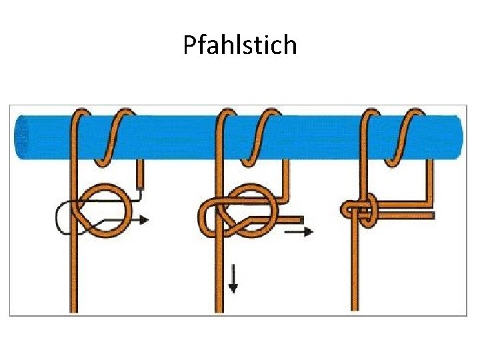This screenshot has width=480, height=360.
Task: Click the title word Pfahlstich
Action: pyautogui.click(x=240, y=45)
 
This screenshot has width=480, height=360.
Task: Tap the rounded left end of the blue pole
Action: pyautogui.click(x=19, y=137)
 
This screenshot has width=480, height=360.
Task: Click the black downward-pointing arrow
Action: pyautogui.click(x=233, y=279)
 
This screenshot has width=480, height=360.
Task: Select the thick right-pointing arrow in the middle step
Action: pyautogui.click(x=299, y=231)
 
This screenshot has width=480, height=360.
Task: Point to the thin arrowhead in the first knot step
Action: pyautogui.click(x=145, y=219)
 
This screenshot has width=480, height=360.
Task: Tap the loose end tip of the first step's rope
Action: pyautogui.click(x=140, y=185)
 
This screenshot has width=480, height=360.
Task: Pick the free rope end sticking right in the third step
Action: pyautogui.click(x=430, y=215)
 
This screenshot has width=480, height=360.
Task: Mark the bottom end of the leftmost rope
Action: pyautogui.click(x=73, y=309)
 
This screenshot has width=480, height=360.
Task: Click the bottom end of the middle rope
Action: pyautogui.click(x=219, y=309)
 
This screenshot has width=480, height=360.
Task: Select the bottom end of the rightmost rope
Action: pyautogui.click(x=355, y=307)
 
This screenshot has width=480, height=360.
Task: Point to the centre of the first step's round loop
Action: pyautogui.click(x=105, y=211)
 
